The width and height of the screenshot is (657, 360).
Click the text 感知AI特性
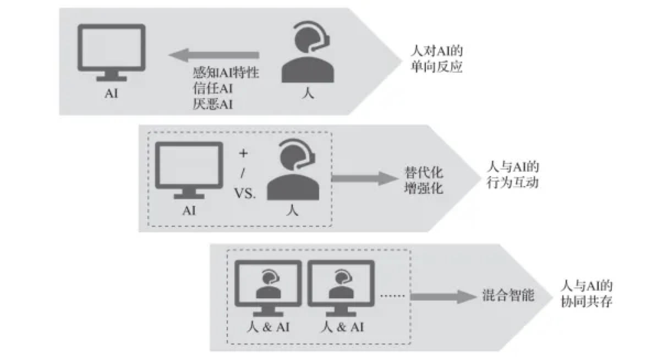[x=226, y=73]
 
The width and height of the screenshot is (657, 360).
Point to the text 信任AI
[x=212, y=89]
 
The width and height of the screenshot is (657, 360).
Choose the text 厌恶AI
[x=212, y=104]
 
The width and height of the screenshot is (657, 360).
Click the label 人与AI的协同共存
[x=586, y=294]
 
